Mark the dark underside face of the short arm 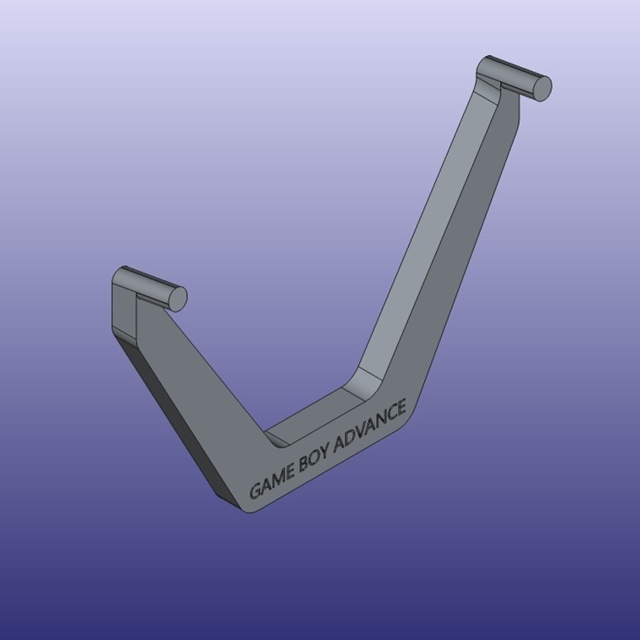[169, 406]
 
